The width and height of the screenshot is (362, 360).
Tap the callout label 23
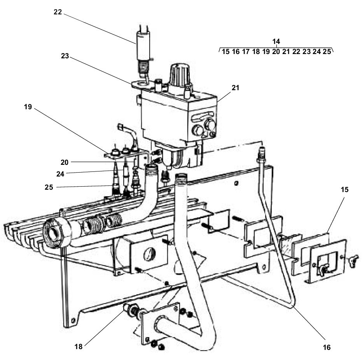click(x=65, y=56)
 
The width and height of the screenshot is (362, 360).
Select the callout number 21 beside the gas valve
click(x=235, y=88)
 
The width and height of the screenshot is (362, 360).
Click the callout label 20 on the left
click(x=65, y=161)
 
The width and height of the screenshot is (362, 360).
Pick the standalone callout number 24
click(x=60, y=174)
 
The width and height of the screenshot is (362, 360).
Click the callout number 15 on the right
click(x=344, y=190)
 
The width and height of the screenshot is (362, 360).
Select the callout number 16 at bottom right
click(x=327, y=347)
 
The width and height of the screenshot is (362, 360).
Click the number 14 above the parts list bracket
click(x=276, y=41)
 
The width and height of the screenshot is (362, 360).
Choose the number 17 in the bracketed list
click(x=246, y=52)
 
